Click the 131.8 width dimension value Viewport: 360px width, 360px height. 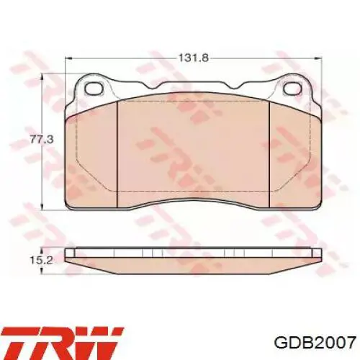point(193,58)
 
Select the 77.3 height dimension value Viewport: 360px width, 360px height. point(42,139)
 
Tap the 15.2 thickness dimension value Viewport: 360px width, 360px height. point(42,260)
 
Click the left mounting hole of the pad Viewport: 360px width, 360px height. point(95,89)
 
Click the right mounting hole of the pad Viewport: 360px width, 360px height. point(293,89)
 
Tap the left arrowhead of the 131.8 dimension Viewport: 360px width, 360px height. point(69,58)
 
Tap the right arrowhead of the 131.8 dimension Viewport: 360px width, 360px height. point(318,58)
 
